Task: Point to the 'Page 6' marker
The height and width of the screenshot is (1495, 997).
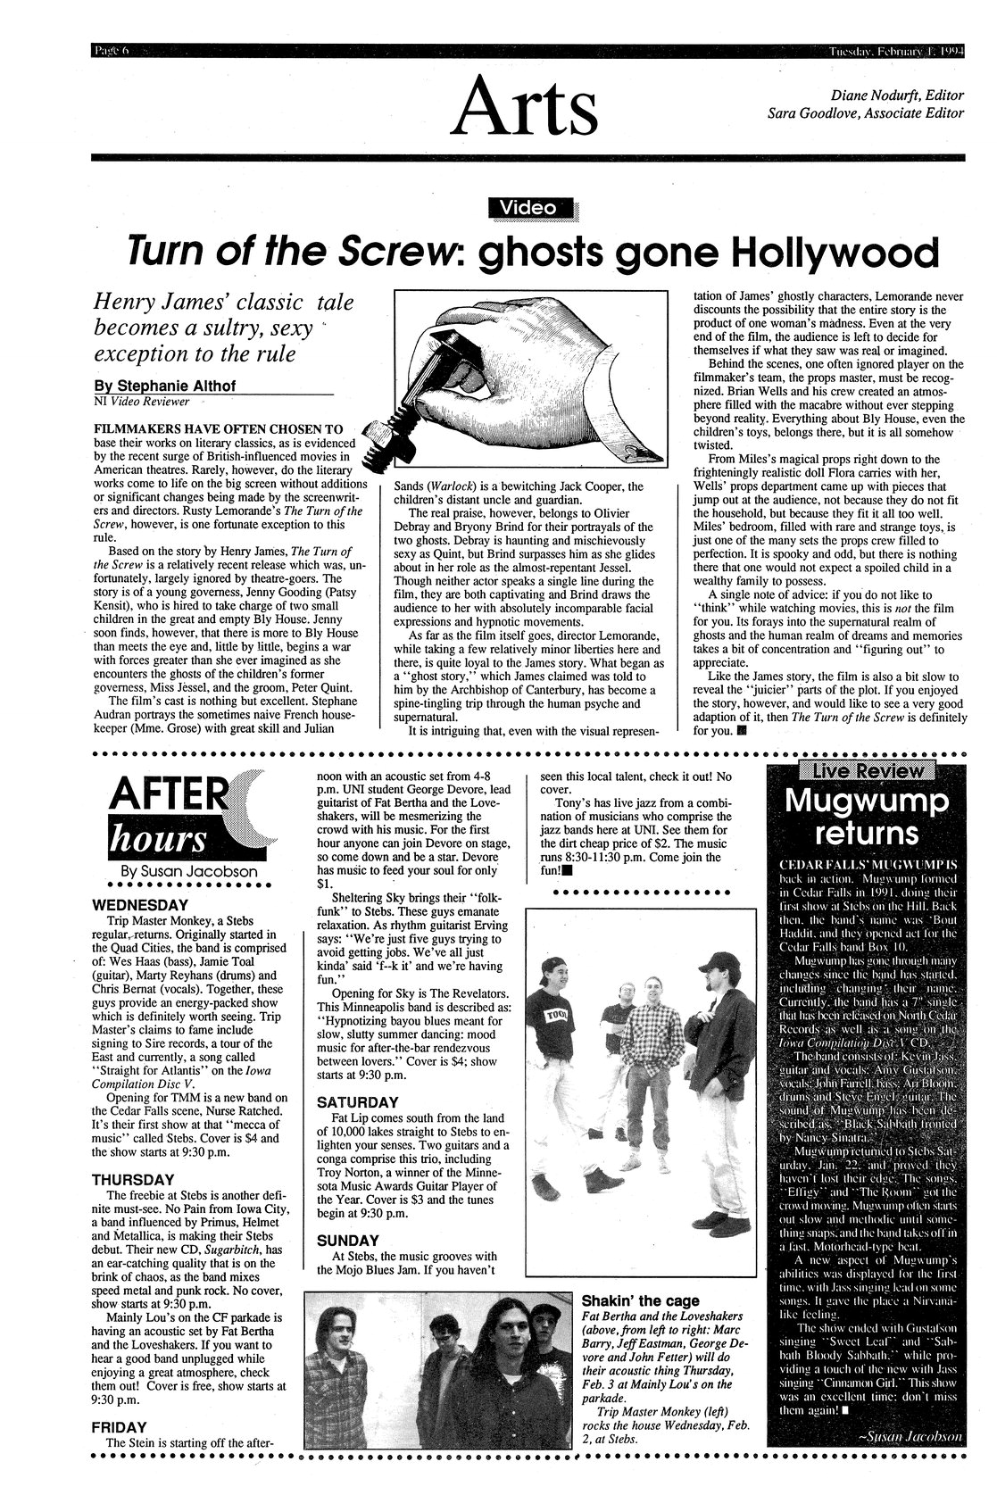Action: [112, 48]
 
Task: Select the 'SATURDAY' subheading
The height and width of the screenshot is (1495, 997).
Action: [357, 1101]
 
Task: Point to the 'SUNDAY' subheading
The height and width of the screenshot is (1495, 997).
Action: [348, 1240]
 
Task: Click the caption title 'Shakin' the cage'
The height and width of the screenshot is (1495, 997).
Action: [640, 1300]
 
